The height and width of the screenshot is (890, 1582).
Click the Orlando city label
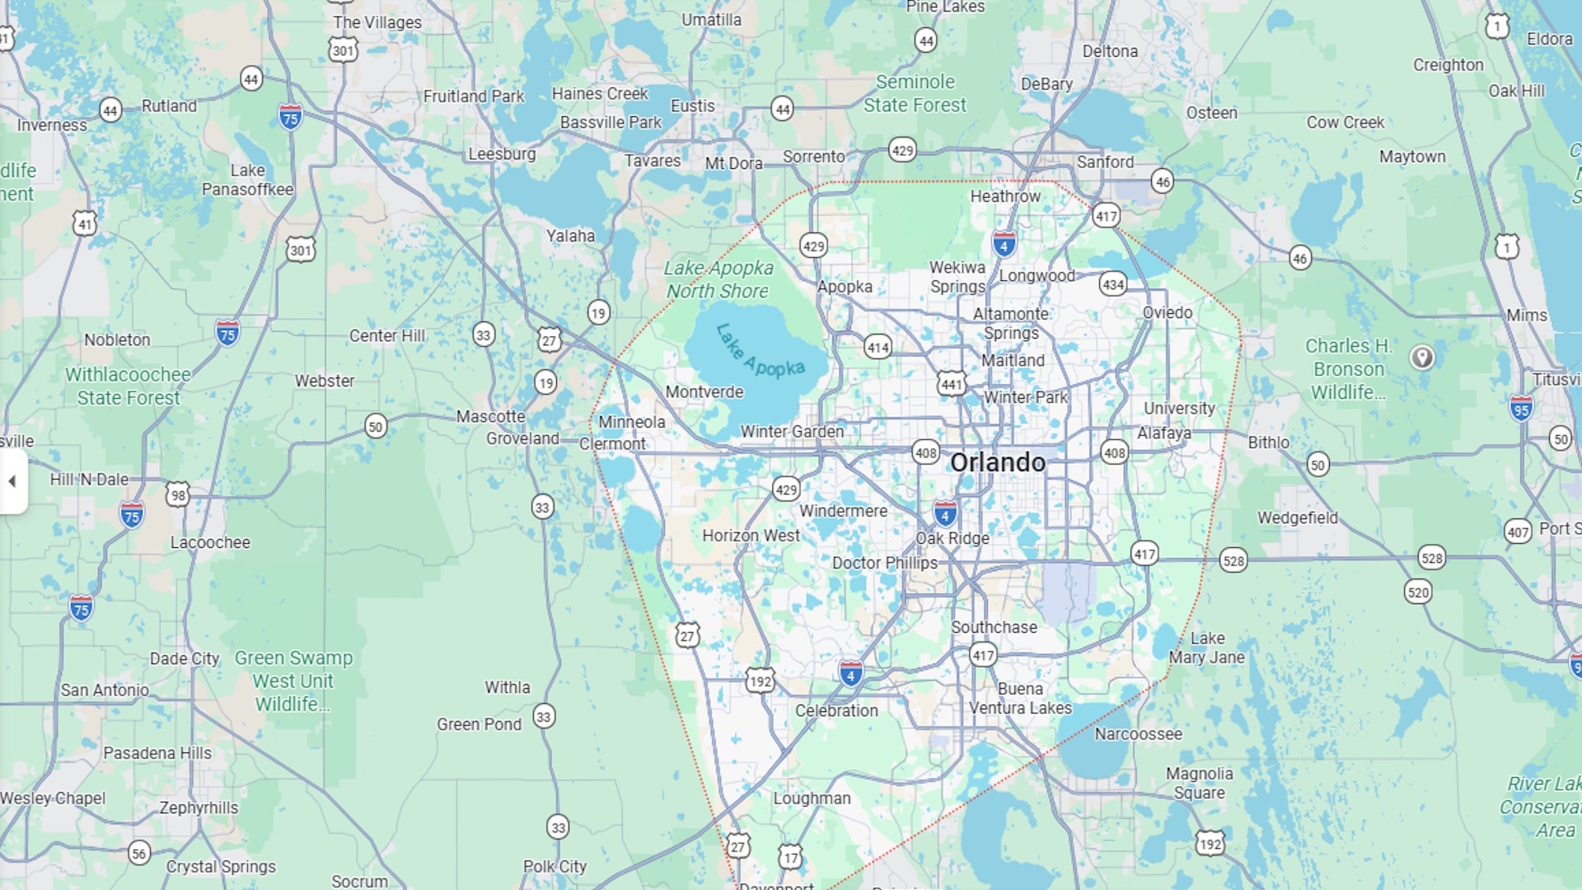998,462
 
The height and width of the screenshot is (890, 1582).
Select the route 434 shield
1112,284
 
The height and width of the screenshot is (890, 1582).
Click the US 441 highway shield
952,383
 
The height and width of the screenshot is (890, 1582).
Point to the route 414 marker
878,347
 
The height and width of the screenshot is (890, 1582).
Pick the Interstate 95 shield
1521,408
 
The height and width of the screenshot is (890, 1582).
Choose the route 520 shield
1418,592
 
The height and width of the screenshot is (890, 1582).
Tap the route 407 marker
1518,532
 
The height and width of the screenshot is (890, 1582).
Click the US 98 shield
178,494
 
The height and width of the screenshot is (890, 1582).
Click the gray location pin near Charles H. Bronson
1422,357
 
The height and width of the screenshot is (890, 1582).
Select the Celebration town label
836,710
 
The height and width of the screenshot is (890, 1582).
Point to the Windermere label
843,511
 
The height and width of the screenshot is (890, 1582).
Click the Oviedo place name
1168,312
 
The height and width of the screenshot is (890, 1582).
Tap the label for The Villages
377,22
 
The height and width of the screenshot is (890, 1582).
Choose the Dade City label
185,658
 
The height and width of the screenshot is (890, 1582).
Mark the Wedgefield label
1297,518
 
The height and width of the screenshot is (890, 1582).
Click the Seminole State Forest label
915,93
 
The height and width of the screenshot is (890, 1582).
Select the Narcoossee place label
1138,733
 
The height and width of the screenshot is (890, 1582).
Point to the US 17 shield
790,858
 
